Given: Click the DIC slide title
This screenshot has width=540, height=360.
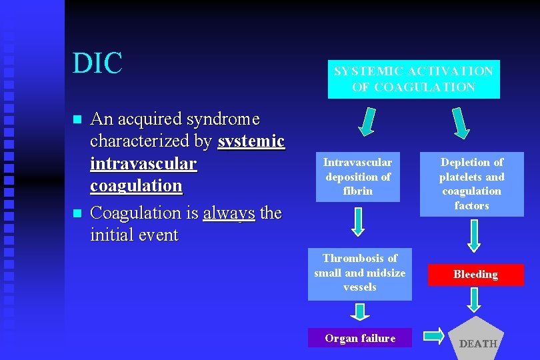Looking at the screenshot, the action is [98, 63].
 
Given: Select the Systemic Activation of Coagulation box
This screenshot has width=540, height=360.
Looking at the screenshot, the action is [413, 79].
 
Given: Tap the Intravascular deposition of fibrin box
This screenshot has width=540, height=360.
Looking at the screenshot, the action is [357, 177].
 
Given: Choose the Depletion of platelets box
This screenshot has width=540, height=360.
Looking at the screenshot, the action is [471, 183].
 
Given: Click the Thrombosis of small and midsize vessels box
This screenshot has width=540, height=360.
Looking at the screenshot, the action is [359, 273].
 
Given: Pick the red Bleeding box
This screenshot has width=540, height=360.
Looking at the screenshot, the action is [475, 274].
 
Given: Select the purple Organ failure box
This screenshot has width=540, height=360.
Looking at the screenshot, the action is [359, 338].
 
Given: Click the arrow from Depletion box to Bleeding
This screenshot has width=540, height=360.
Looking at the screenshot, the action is [473, 235].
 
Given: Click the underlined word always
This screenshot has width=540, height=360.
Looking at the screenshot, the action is [229, 213].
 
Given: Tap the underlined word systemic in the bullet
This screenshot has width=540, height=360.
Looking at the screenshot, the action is [251, 141].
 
